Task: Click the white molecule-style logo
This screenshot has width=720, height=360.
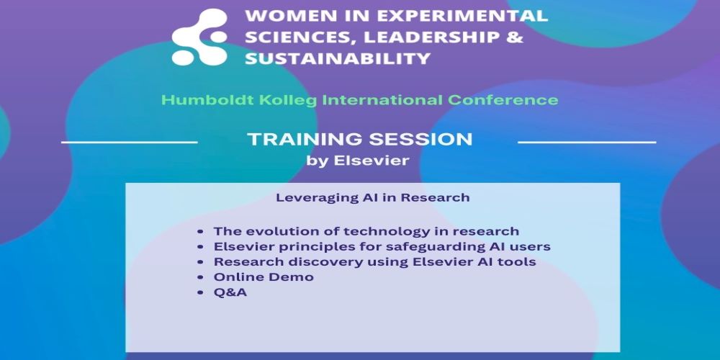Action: coord(199,37)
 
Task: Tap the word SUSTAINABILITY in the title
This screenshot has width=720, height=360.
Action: coord(338,59)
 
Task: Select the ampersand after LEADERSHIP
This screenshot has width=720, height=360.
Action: coord(516,37)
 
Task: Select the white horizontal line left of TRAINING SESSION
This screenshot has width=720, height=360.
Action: coord(130,143)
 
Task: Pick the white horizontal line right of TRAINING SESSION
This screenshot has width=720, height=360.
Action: coord(587,143)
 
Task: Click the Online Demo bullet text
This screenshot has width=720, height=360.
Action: coord(264,277)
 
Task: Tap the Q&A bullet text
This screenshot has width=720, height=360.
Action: coord(230,292)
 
